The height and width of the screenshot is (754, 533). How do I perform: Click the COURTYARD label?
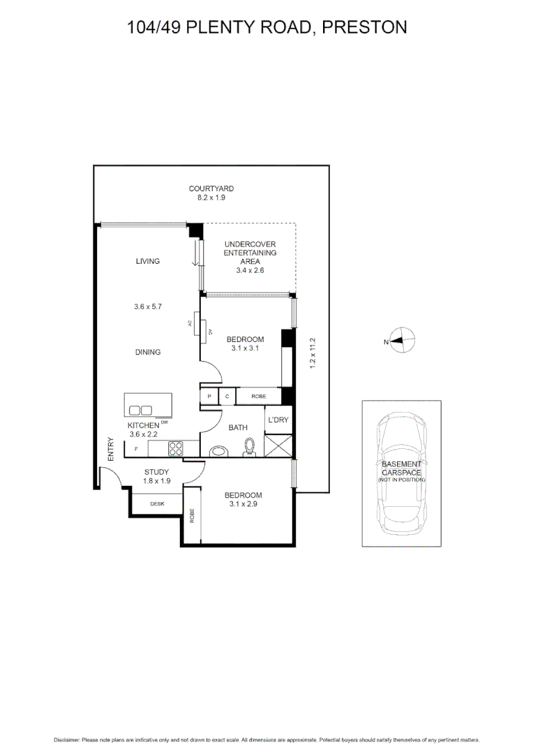pyautogui.click(x=211, y=188)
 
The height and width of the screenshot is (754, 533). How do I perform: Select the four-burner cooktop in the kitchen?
pyautogui.click(x=174, y=449)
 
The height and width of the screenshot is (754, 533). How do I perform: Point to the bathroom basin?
pyautogui.click(x=219, y=451)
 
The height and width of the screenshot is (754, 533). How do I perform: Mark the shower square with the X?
pyautogui.click(x=278, y=445)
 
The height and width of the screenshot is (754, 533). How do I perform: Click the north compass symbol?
pyautogui.click(x=401, y=341)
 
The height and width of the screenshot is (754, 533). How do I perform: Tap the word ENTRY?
pyautogui.click(x=110, y=448)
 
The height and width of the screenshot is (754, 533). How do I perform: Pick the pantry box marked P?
pyautogui.click(x=209, y=397)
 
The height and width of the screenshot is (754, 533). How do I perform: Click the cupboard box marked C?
pyautogui.click(x=227, y=397)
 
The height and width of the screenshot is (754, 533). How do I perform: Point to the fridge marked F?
pyautogui.click(x=136, y=449)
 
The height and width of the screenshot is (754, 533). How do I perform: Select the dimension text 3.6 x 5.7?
pyautogui.click(x=148, y=306)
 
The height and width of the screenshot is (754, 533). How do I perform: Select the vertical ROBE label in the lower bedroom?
pyautogui.click(x=192, y=516)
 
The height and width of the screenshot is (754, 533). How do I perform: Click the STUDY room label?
pyautogui.click(x=156, y=472)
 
